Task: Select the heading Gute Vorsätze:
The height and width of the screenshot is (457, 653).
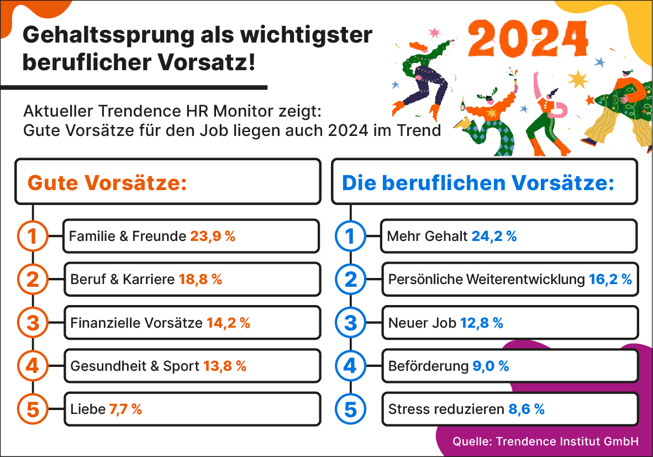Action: tap(107, 183)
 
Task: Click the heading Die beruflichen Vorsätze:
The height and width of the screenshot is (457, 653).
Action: tap(478, 183)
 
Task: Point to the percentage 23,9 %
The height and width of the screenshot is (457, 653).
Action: tap(213, 237)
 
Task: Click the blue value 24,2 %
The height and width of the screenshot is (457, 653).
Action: tap(494, 237)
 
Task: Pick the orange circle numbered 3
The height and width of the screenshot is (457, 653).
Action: tap(33, 323)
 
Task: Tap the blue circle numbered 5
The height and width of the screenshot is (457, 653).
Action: tap(350, 409)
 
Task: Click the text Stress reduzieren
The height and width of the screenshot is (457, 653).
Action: tap(446, 409)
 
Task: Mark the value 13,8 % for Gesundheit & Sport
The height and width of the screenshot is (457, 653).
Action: tap(225, 366)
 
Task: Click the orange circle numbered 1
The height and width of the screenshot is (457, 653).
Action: tap(33, 237)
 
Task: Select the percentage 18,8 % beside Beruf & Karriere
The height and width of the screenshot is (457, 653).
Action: tap(200, 280)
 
